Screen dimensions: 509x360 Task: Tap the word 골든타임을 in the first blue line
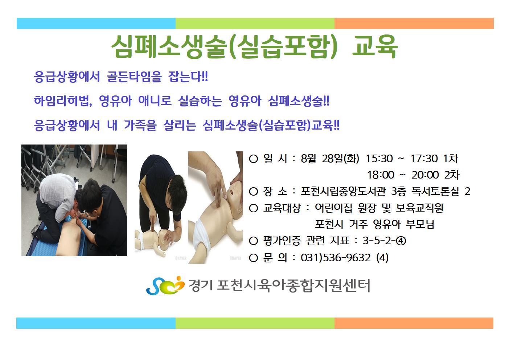pyautogui.click(x=134, y=77)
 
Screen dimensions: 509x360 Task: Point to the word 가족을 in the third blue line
pyautogui.click(x=140, y=125)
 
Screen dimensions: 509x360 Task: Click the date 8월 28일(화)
pyautogui.click(x=330, y=159)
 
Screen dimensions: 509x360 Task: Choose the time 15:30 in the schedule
pyautogui.click(x=379, y=159)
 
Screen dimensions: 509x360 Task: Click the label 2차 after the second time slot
pyautogui.click(x=452, y=175)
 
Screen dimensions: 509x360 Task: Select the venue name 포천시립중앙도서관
pyautogui.click(x=343, y=191)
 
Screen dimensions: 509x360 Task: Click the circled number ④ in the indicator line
pyautogui.click(x=401, y=241)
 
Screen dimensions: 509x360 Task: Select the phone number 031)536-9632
pyautogui.click(x=336, y=258)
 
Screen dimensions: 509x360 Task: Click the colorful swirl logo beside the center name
pyautogui.click(x=165, y=286)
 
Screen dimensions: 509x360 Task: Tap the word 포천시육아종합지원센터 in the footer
pyautogui.click(x=294, y=286)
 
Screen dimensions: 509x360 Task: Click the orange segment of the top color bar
pyautogui.click(x=414, y=24)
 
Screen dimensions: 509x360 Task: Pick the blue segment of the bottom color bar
pyautogui.click(x=96, y=323)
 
